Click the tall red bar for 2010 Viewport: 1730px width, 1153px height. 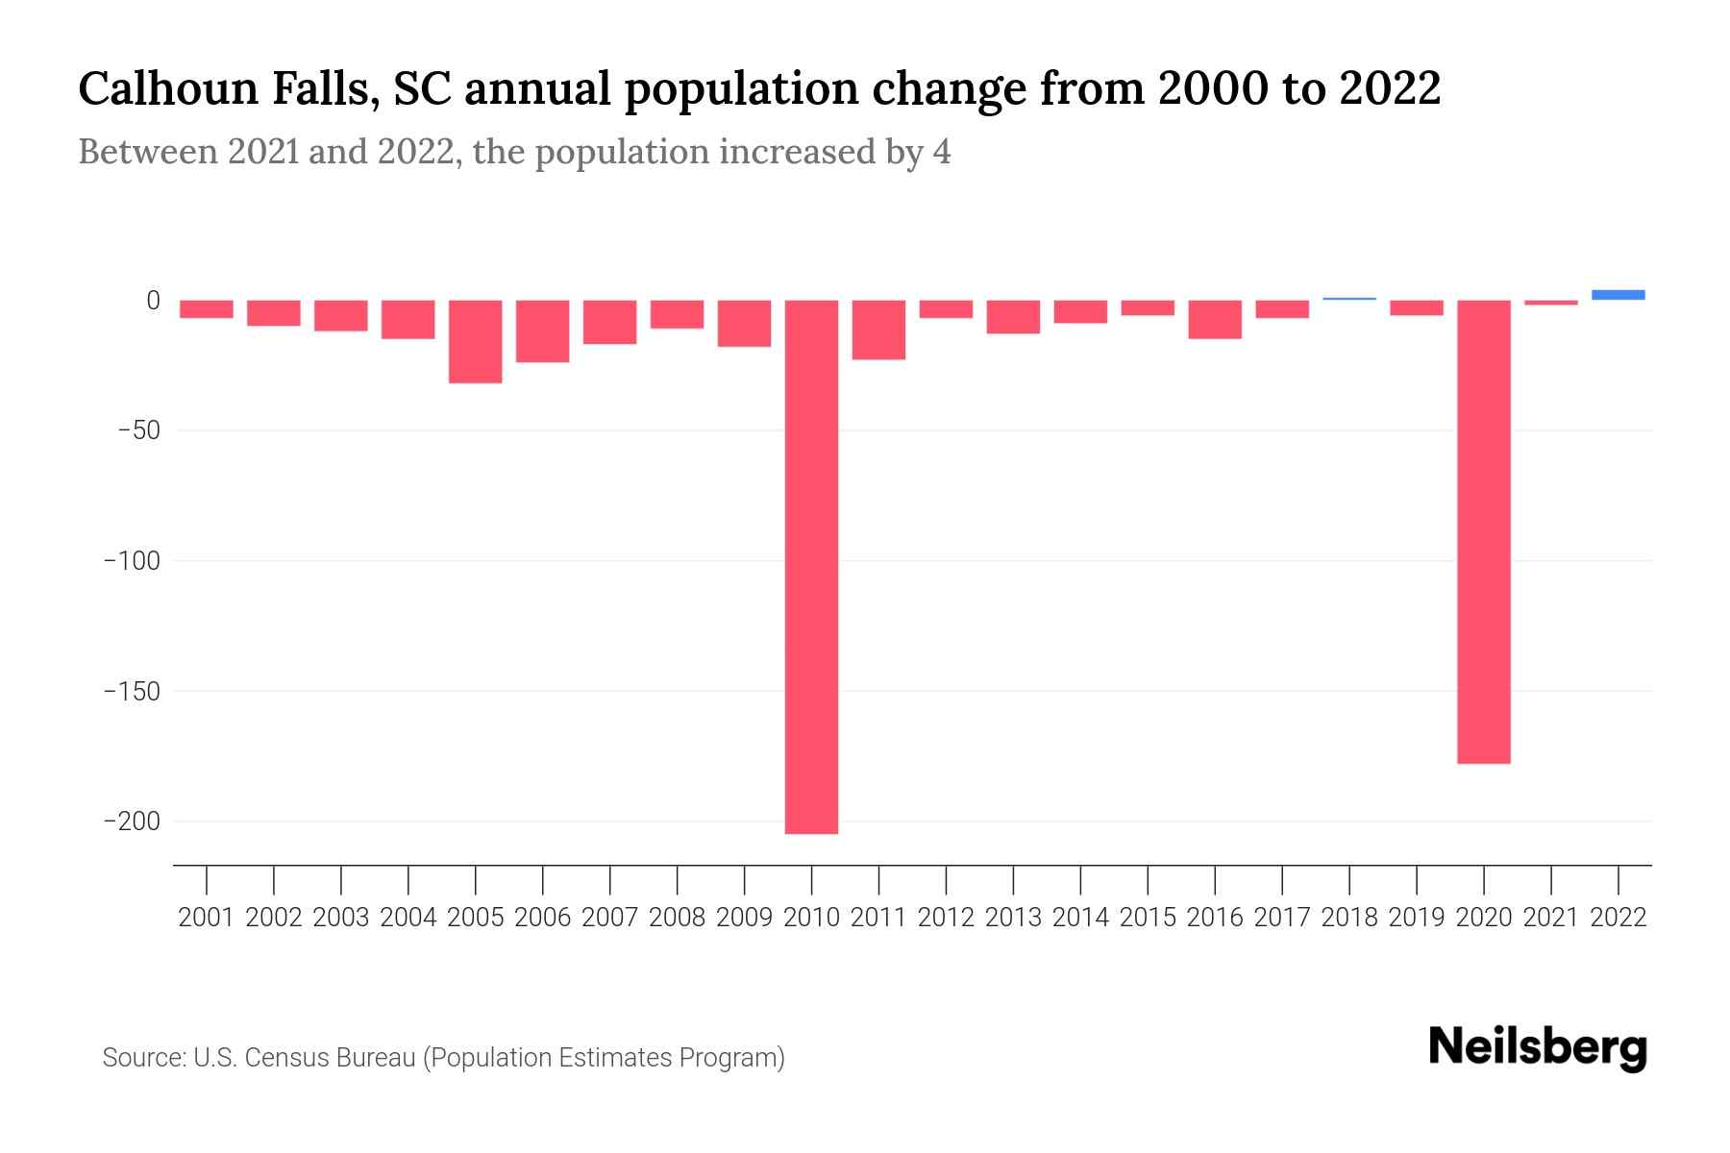tap(811, 567)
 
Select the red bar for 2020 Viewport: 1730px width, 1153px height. tap(1483, 531)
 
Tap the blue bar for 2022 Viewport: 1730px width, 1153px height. tap(1618, 295)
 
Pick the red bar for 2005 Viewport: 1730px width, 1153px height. tap(475, 342)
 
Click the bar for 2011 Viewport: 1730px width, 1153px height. tap(878, 330)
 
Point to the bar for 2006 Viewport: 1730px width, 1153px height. tap(542, 331)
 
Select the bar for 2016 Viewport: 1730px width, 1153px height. tap(1214, 319)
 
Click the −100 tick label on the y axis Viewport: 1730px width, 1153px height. tap(132, 561)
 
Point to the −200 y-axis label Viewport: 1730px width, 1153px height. tap(132, 822)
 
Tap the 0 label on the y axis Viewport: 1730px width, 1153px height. tap(153, 301)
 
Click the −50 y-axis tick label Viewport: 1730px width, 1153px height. tap(138, 430)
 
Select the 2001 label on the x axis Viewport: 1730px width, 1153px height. tap(207, 918)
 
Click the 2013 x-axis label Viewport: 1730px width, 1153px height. tap(1013, 918)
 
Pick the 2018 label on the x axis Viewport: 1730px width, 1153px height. tap(1348, 918)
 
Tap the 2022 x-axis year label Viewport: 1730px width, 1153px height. tap(1618, 918)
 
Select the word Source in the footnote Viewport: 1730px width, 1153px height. tap(142, 1058)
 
